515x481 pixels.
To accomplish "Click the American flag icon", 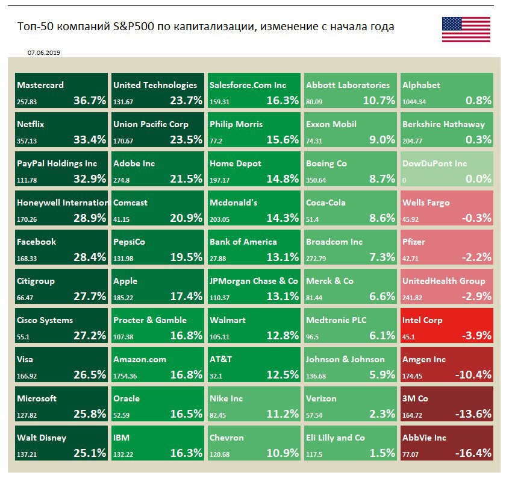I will [x=466, y=30].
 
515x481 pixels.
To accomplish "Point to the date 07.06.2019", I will [x=43, y=52].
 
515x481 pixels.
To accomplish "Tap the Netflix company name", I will [x=31, y=124].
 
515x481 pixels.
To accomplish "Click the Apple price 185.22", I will [x=123, y=297].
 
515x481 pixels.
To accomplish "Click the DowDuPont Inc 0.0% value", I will [x=475, y=178].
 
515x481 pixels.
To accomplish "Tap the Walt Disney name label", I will [x=42, y=438].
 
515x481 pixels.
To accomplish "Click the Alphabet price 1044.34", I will [x=416, y=101].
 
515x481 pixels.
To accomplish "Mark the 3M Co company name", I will [x=415, y=398].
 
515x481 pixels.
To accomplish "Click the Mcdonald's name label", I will [x=233, y=203].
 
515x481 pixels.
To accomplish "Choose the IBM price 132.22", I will [x=123, y=453].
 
